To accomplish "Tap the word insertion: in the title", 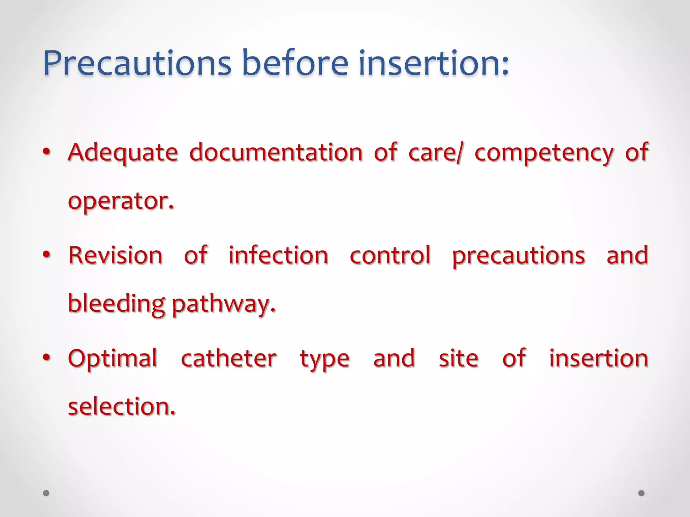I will click(434, 63).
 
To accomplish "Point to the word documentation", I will click(276, 152).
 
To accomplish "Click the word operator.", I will click(121, 201).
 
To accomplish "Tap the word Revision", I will click(115, 255).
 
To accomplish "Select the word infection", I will click(278, 255).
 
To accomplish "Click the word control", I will click(390, 255).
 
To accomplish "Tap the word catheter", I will click(229, 358).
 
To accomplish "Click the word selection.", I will click(122, 406).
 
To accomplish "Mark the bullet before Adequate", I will click(46, 152).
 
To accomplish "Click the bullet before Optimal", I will click(46, 357).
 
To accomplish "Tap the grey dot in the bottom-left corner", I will click(46, 493).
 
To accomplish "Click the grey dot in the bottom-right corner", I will click(641, 493).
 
